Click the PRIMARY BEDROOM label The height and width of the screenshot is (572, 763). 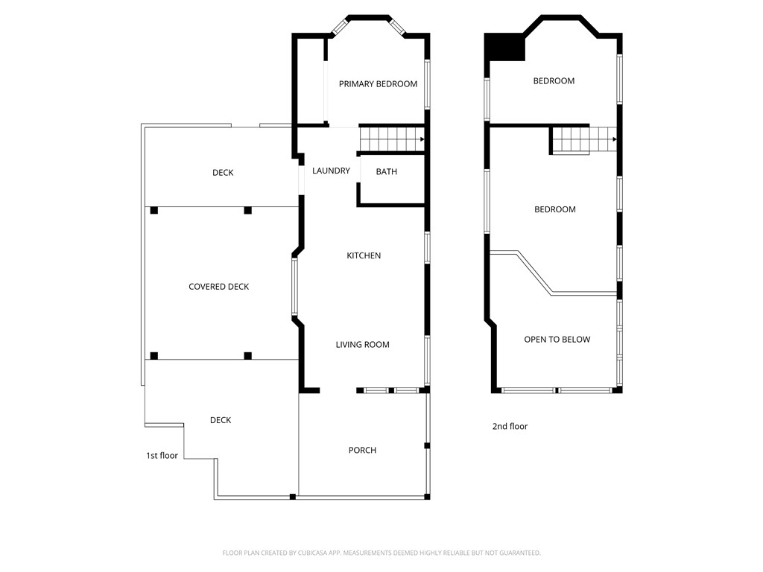click(378, 84)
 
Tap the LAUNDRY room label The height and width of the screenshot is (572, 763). click(331, 171)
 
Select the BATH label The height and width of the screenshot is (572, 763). click(386, 172)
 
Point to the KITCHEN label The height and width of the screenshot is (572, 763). click(364, 255)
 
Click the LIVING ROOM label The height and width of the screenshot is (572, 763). click(362, 345)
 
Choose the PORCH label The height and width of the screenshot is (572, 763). click(362, 451)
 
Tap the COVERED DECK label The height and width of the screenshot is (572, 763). click(218, 287)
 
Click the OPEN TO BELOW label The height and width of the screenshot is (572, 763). click(557, 340)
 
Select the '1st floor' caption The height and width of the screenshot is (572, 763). click(162, 455)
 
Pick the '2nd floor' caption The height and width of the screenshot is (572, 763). click(510, 427)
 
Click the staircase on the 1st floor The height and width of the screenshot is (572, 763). click(390, 139)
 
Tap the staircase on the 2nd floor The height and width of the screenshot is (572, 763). click(581, 139)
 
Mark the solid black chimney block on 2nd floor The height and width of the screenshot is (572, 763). click(504, 48)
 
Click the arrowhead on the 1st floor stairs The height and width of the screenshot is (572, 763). click(422, 139)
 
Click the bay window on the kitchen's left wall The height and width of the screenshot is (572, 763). click(295, 287)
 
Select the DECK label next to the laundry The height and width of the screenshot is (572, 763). click(223, 173)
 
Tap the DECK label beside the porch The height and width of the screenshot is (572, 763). click(221, 420)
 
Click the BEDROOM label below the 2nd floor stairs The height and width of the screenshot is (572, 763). click(555, 210)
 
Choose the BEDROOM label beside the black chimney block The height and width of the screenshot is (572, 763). click(554, 81)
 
